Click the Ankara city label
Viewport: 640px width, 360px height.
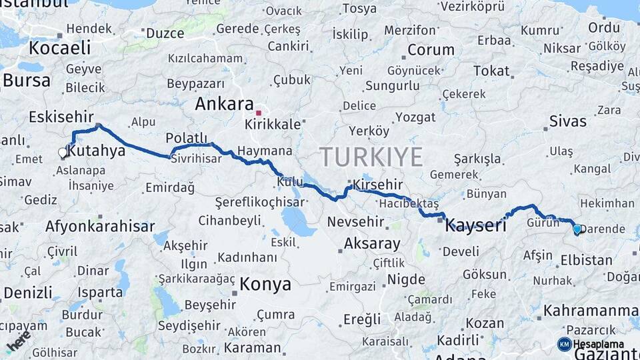point(224,104)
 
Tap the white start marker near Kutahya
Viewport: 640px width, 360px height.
point(63,153)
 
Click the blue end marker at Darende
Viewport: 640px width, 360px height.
point(577,229)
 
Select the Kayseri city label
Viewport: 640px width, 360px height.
point(476,224)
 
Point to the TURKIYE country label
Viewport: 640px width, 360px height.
point(371,157)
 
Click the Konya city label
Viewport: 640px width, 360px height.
point(265,285)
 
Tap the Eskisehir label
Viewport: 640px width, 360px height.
point(61,117)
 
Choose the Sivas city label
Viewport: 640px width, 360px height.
point(568,121)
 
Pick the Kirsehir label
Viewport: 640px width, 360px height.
point(379,184)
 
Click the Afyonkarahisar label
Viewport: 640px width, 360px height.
point(100,226)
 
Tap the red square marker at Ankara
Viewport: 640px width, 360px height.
point(259,104)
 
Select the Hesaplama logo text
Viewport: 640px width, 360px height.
point(598,344)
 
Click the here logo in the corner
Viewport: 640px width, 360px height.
point(19,341)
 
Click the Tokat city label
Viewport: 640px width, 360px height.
point(491,71)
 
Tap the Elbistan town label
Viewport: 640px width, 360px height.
point(587,260)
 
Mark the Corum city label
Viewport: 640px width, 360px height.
point(431,50)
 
